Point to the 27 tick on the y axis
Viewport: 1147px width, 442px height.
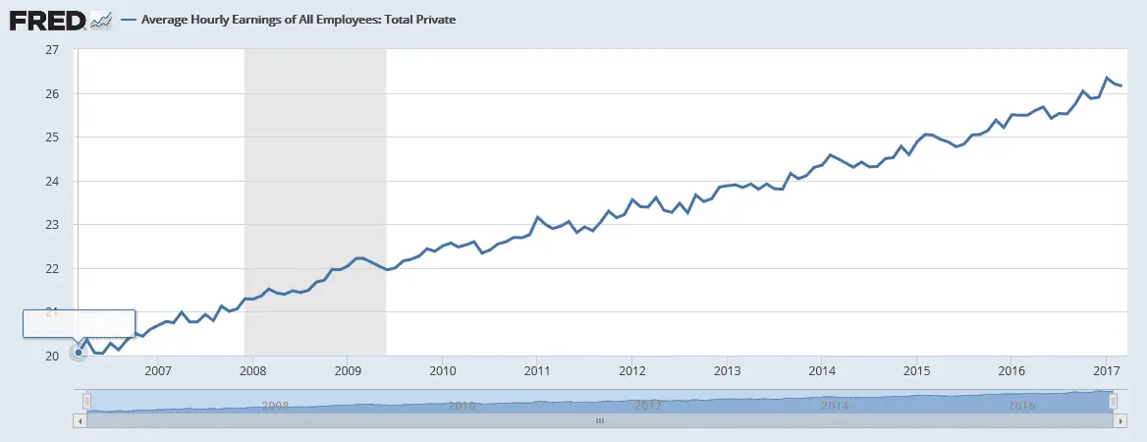point(52,50)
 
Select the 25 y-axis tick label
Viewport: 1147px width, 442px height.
point(52,138)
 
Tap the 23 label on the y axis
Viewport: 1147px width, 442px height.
point(52,225)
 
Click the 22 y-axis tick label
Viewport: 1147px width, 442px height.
point(52,268)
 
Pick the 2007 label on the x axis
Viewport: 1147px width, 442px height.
point(158,372)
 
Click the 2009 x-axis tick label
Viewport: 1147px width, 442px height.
point(348,372)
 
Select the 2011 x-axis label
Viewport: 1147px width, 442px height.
point(537,372)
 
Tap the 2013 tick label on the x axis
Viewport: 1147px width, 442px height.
point(727,372)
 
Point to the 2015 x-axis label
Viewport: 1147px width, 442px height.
point(916,372)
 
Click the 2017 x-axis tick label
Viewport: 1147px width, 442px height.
point(1106,372)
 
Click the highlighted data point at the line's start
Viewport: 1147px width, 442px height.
point(79,353)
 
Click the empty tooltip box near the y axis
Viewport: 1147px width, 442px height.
point(79,323)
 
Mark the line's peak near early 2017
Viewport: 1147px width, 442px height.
point(1108,78)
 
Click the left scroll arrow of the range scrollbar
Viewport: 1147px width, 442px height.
point(80,419)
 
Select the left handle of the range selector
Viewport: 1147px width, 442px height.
point(86,401)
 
